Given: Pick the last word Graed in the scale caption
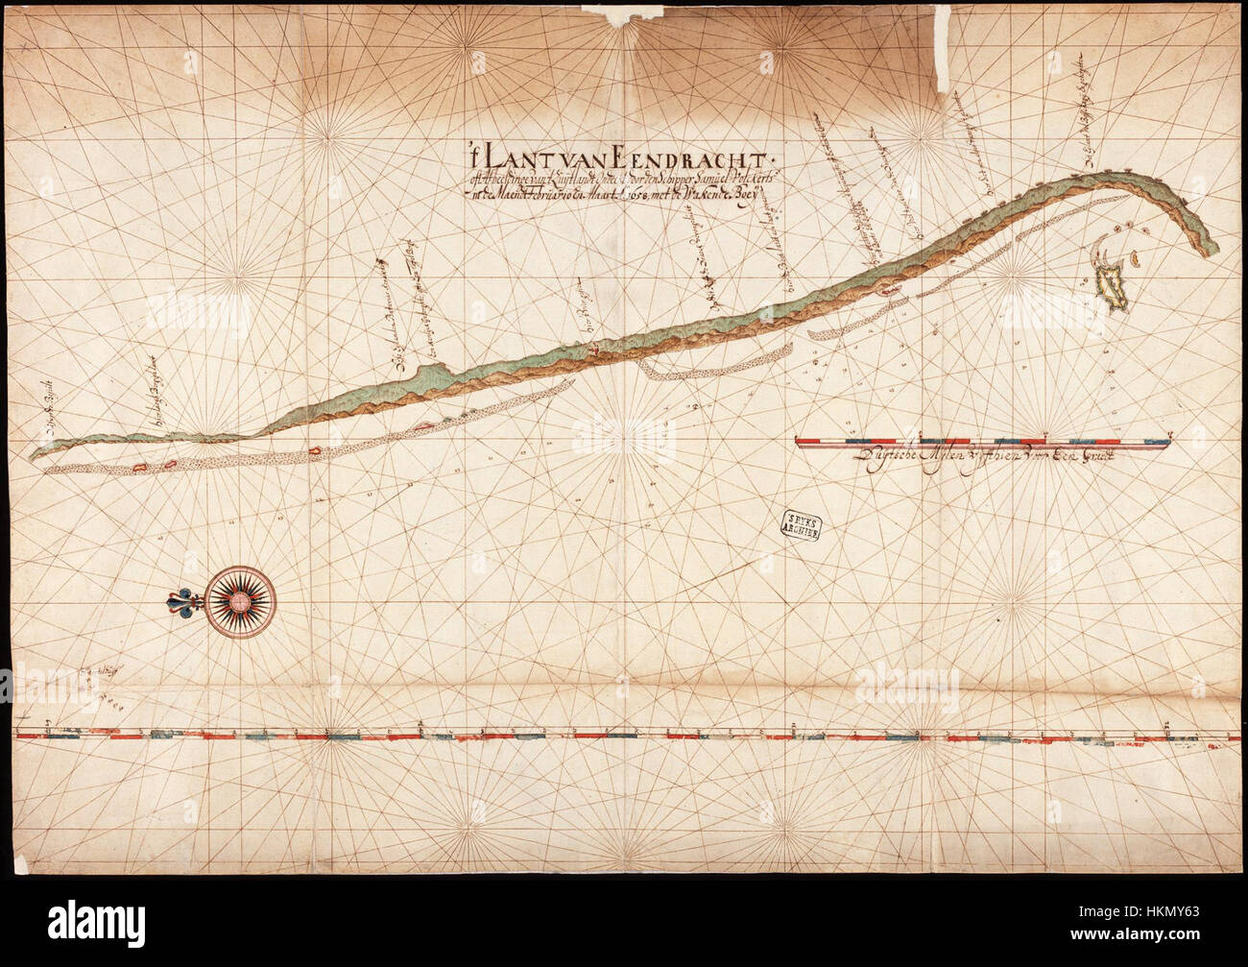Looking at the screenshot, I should tap(1092, 460).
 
